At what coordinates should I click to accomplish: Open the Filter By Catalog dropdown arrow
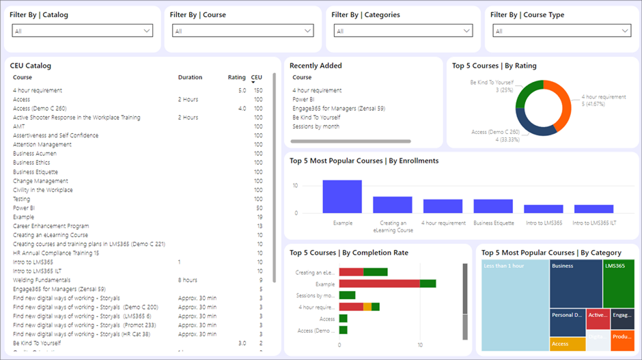coord(147,31)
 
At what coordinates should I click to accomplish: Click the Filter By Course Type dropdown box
coord(561,31)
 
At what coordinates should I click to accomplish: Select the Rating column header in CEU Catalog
coord(236,78)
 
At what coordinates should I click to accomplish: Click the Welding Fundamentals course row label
coord(42,280)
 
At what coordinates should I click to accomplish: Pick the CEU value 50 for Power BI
coord(259,208)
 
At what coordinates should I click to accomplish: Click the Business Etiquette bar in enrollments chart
coord(493,206)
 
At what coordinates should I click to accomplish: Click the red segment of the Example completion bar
coord(379,283)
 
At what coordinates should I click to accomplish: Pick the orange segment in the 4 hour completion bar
coord(367,307)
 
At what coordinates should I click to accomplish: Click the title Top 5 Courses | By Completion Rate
coord(348,253)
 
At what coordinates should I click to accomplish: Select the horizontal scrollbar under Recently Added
coord(351,141)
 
